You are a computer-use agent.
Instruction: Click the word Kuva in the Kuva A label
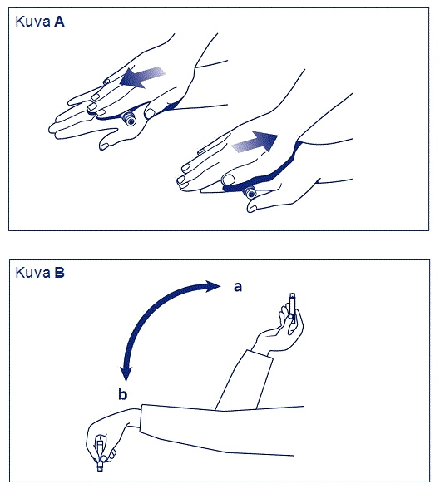[32, 22]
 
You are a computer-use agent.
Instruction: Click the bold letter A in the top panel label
[59, 22]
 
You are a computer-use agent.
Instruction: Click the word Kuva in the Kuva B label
[32, 273]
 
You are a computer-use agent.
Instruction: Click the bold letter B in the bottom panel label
[59, 273]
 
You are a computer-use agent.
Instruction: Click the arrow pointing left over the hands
[142, 77]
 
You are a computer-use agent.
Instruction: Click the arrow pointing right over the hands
[255, 141]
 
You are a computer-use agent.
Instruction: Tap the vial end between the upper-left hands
[129, 119]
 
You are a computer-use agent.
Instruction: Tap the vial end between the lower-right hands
[250, 193]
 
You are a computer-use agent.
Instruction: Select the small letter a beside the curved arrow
[238, 287]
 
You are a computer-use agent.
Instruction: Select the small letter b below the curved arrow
[122, 394]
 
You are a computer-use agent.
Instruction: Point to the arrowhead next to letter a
[213, 286]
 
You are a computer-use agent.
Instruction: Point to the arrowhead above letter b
[126, 373]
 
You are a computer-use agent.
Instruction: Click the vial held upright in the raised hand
[293, 308]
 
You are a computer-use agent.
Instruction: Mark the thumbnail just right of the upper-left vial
[150, 113]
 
